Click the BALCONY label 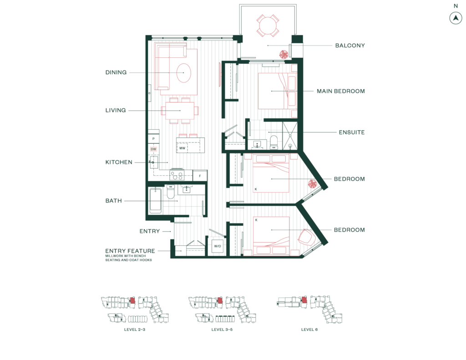click(x=350, y=46)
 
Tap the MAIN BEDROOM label click(x=340, y=91)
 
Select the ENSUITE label click(x=352, y=132)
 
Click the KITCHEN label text click(x=119, y=162)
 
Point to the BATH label click(x=114, y=201)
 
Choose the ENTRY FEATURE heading click(x=130, y=251)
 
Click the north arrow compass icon click(x=455, y=18)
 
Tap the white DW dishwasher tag click(x=153, y=149)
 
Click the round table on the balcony click(x=268, y=25)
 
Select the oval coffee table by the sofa click(x=183, y=73)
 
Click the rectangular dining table click(x=180, y=111)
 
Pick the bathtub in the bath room click(x=156, y=201)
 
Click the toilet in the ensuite click(x=274, y=141)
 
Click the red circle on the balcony click(x=284, y=54)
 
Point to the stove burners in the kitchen click(x=177, y=175)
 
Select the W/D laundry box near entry click(x=218, y=246)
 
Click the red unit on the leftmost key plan click(x=132, y=300)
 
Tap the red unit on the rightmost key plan click(x=304, y=300)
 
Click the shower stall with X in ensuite click(x=290, y=135)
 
